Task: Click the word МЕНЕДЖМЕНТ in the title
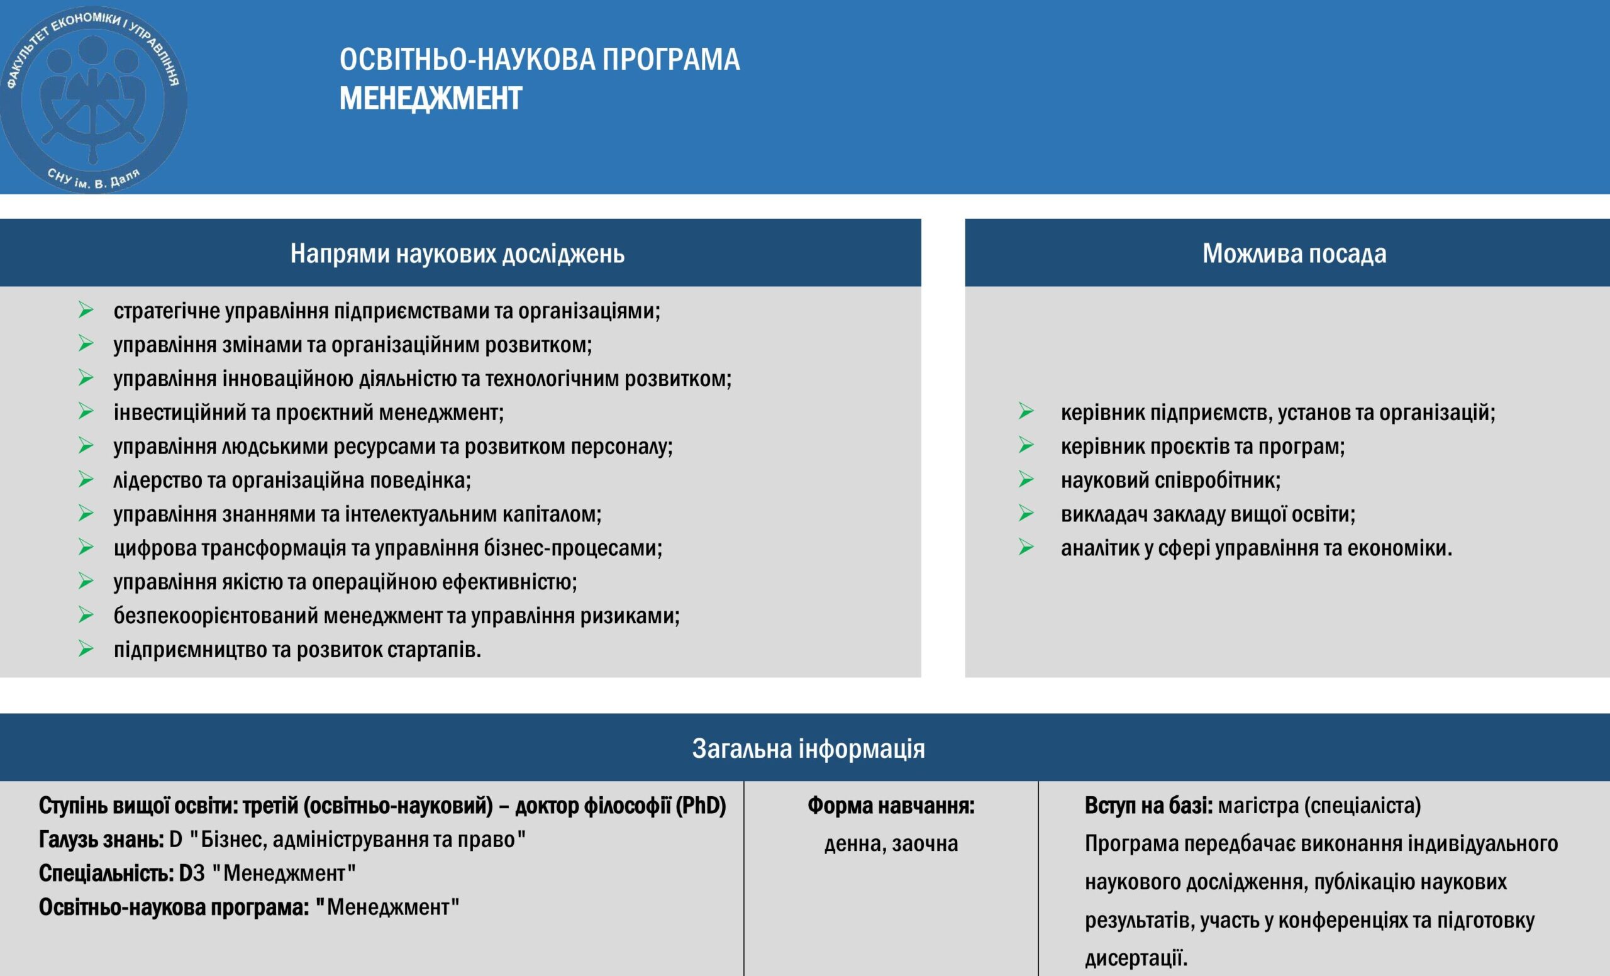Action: click(x=431, y=99)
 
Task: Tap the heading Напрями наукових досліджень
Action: click(x=457, y=253)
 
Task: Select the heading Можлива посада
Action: click(x=1294, y=253)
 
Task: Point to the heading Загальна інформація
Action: click(x=808, y=748)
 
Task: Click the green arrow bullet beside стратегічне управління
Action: click(x=86, y=309)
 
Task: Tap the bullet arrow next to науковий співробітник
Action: click(x=1026, y=479)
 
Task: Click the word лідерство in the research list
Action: click(x=157, y=481)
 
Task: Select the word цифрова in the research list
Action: click(x=155, y=548)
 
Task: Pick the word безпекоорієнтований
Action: click(x=216, y=616)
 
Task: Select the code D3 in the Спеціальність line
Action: click(x=191, y=873)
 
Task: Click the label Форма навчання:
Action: click(x=891, y=806)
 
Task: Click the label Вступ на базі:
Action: click(x=1148, y=806)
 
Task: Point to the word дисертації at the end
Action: click(x=1136, y=958)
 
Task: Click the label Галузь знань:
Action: click(x=101, y=840)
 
